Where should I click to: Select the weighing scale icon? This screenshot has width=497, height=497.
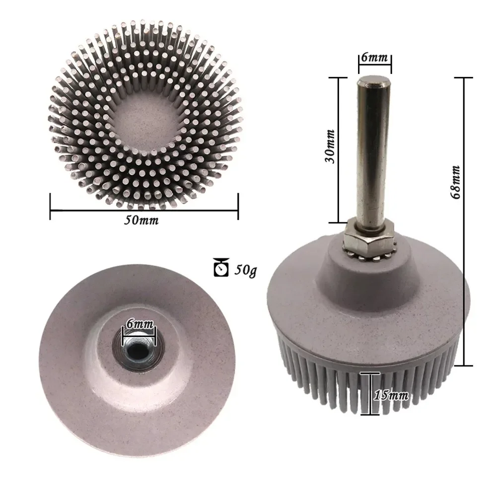[221, 268]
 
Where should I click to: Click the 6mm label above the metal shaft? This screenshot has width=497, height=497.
[375, 58]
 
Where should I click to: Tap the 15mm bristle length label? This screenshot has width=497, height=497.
[392, 395]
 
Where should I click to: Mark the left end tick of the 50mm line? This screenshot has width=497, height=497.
[51, 206]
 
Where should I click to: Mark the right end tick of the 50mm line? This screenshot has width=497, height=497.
[238, 206]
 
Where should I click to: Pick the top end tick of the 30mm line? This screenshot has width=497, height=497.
[338, 78]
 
